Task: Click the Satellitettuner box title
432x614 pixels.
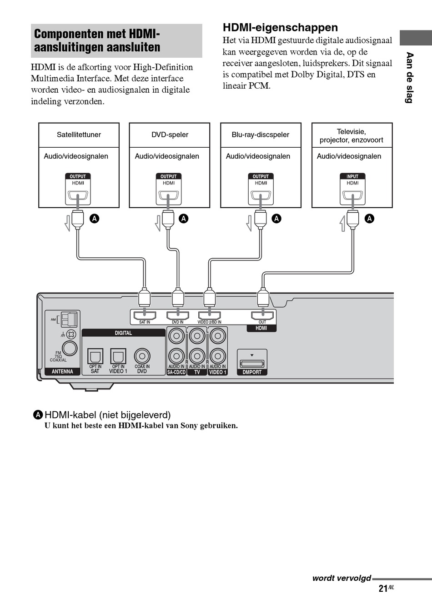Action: point(79,135)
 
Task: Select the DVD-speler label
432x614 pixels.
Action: point(170,135)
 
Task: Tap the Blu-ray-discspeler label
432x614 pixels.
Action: point(260,135)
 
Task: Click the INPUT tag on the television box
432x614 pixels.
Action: point(352,176)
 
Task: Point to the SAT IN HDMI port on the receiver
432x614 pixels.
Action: point(145,315)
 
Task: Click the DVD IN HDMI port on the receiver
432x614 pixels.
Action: point(178,315)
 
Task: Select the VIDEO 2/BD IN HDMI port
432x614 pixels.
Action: point(210,315)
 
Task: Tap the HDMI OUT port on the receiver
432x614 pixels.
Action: point(262,315)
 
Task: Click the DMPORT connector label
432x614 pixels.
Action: point(252,372)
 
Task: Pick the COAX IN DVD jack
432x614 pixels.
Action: point(142,356)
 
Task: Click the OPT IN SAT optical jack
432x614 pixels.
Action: point(95,356)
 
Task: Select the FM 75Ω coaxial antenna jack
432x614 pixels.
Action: point(70,348)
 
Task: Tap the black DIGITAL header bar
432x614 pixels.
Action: point(123,333)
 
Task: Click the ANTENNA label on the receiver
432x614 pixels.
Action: point(63,371)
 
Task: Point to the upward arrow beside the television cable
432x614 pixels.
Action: point(342,224)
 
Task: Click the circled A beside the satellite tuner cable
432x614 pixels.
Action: point(95,219)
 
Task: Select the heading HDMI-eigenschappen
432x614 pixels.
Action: point(280,28)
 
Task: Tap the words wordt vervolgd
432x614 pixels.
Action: point(342,578)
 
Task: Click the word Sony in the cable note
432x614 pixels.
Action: point(189,426)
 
